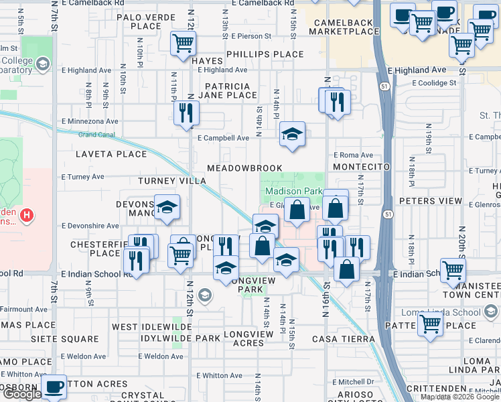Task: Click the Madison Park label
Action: [x=299, y=192]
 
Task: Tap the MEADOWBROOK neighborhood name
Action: [x=244, y=167]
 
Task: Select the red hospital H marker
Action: [x=26, y=215]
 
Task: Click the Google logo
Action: [x=21, y=395]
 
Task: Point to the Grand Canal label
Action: [x=97, y=135]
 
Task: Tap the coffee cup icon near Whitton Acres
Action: [x=54, y=386]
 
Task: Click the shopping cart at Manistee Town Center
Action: [x=453, y=270]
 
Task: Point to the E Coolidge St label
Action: [x=434, y=83]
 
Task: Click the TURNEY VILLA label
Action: [x=172, y=181]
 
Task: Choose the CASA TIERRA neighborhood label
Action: [x=343, y=339]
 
